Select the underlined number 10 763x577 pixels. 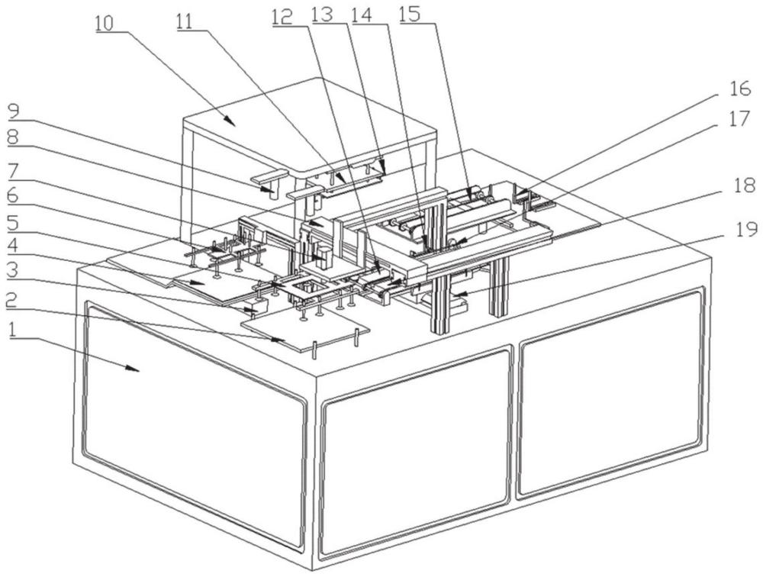[105, 22]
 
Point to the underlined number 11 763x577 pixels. [184, 22]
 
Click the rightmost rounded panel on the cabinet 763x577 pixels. [610, 393]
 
